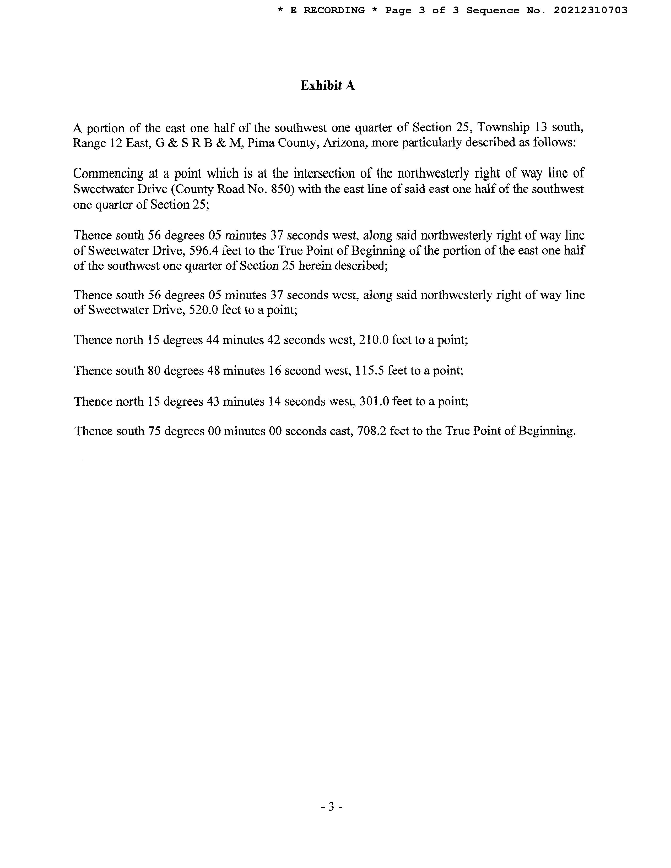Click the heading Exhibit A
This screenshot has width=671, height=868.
[327, 85]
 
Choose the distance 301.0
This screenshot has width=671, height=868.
[374, 402]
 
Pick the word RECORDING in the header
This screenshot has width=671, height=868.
[334, 10]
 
